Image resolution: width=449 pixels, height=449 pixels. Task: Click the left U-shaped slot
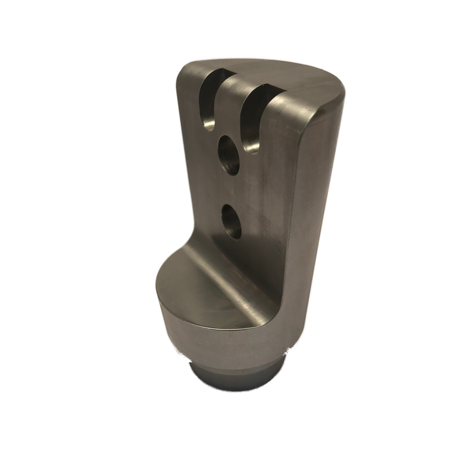pyautogui.click(x=210, y=101)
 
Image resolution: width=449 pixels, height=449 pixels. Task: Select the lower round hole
pyautogui.click(x=231, y=221)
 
